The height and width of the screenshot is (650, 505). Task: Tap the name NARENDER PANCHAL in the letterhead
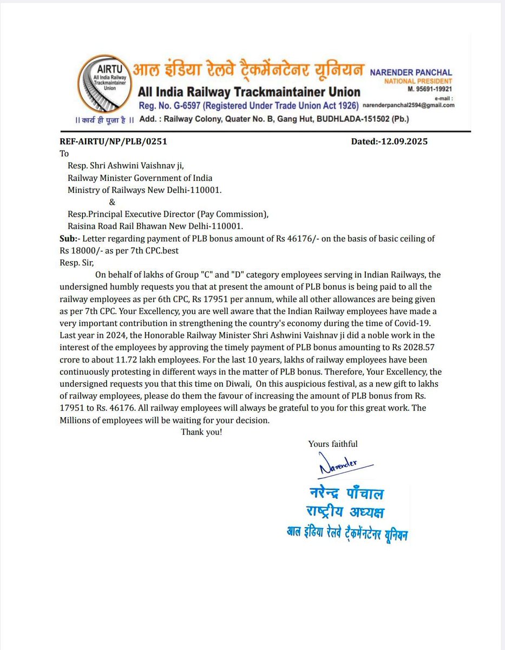point(411,73)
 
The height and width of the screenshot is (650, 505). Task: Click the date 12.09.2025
point(405,142)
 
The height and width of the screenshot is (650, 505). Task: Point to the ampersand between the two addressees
point(112,202)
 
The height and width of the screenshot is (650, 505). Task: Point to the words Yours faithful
point(332,444)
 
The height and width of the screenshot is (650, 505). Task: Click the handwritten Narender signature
point(338,465)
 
